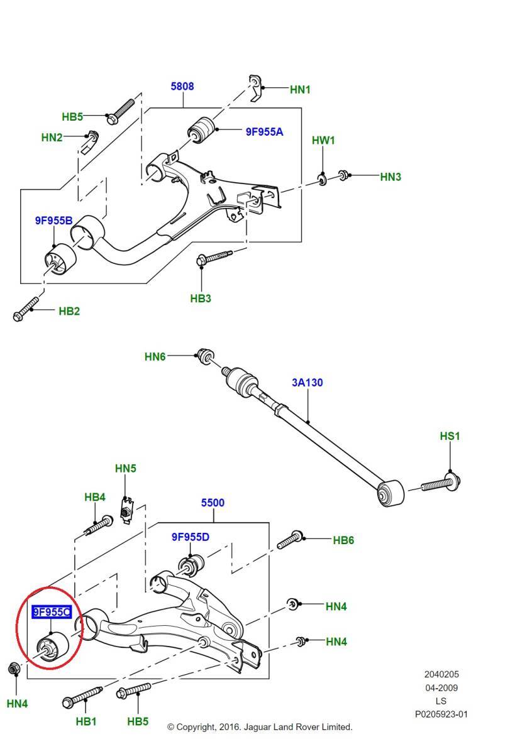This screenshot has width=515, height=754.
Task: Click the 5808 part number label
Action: click(x=182, y=86)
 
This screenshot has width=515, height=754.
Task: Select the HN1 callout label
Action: click(x=300, y=89)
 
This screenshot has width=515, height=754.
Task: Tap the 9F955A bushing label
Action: click(x=264, y=131)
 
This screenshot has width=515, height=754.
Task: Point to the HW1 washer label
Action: click(x=323, y=140)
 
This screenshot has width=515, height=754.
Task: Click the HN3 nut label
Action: click(x=390, y=177)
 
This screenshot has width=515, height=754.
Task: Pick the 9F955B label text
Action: click(x=54, y=221)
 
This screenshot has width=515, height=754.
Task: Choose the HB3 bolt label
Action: click(x=201, y=298)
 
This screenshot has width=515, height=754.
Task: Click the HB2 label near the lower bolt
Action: click(x=69, y=311)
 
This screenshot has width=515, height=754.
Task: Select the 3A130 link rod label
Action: click(x=307, y=383)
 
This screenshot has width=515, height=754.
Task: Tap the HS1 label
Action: click(x=450, y=436)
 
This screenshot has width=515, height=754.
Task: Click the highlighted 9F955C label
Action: click(x=52, y=611)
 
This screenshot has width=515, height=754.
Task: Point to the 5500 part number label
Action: click(x=213, y=503)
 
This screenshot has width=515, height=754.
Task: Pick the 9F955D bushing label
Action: click(x=191, y=537)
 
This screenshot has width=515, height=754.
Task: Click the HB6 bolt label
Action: click(x=343, y=540)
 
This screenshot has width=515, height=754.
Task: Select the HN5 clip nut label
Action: click(x=126, y=468)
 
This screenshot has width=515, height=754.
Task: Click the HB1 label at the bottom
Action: click(x=86, y=721)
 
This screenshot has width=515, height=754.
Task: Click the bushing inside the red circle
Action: click(x=53, y=646)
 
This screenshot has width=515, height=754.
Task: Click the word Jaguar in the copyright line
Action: click(x=257, y=727)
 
